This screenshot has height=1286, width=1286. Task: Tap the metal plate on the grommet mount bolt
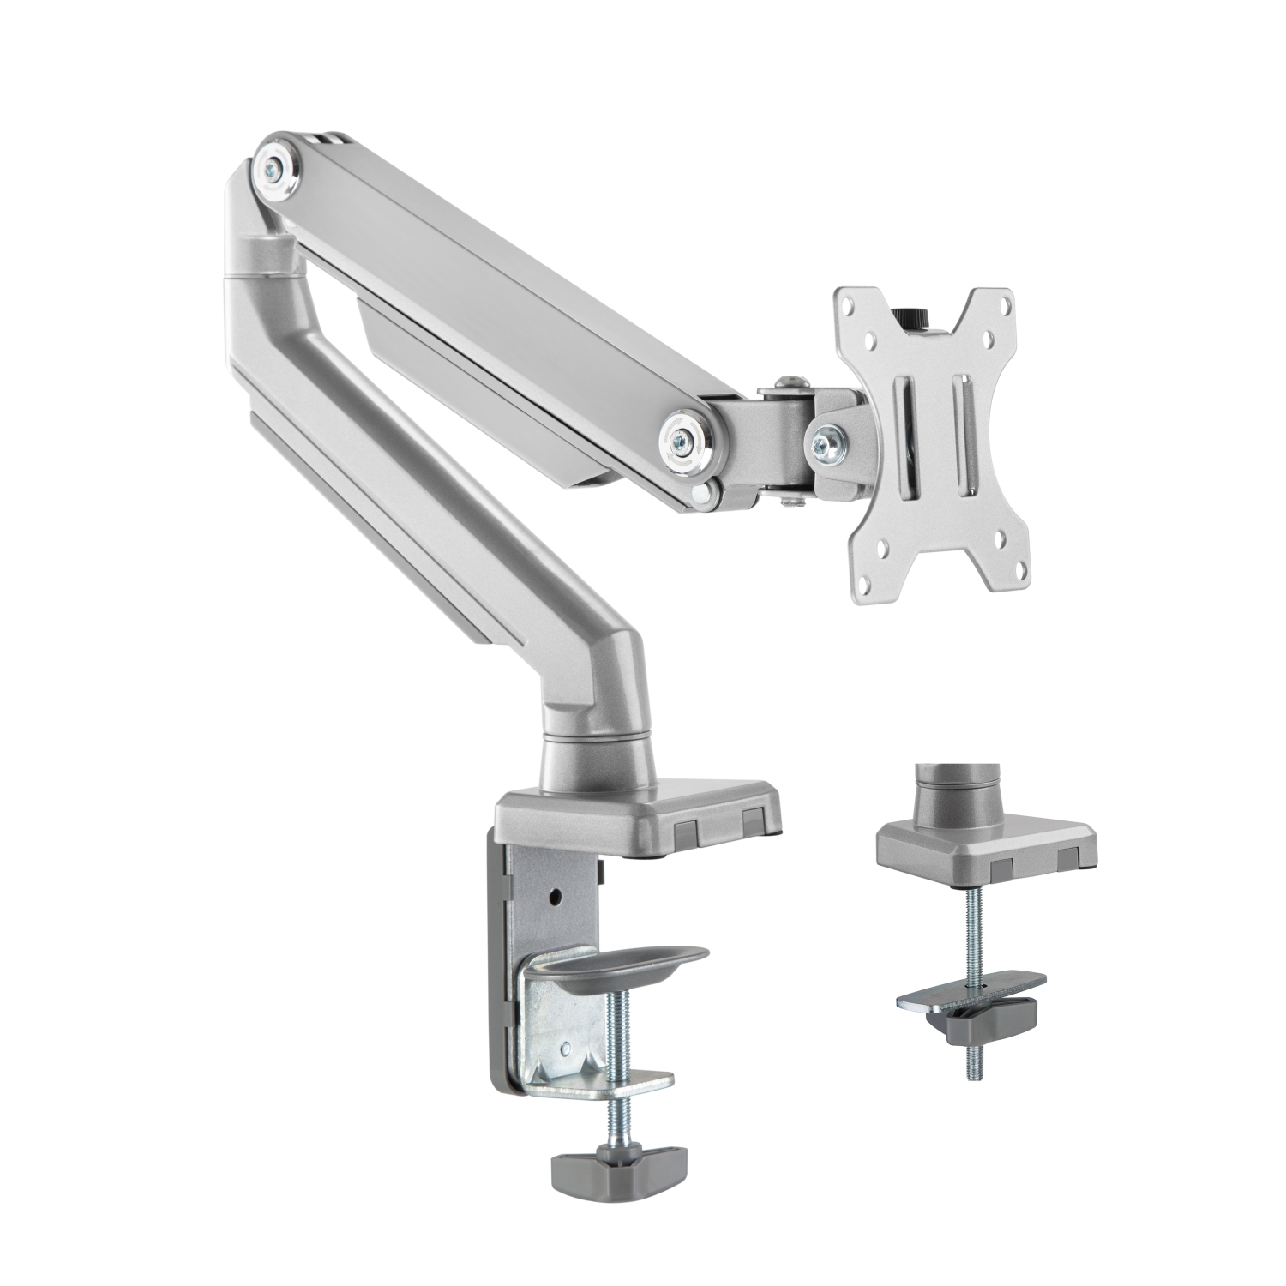[x=969, y=995]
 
